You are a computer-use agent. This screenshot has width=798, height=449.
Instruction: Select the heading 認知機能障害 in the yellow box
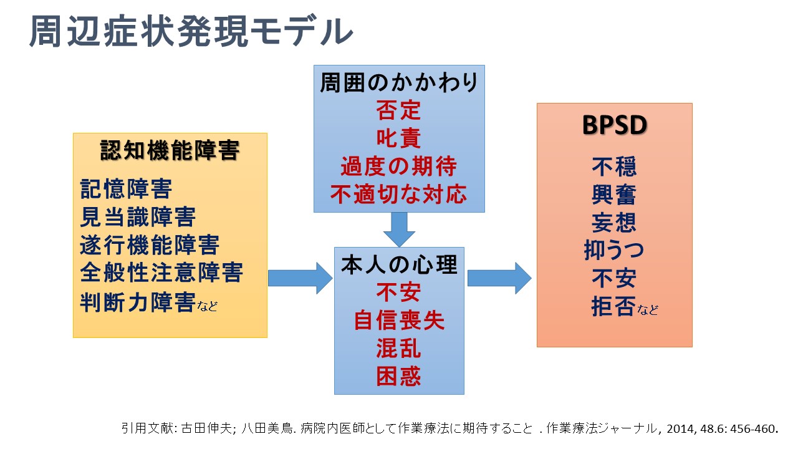(x=170, y=150)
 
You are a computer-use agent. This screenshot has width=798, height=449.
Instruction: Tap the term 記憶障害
(x=126, y=188)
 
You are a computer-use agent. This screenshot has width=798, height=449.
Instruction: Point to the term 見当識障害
(x=138, y=216)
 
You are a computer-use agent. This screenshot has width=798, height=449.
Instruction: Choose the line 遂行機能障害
(x=150, y=244)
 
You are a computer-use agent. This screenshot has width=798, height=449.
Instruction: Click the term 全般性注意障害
(x=161, y=273)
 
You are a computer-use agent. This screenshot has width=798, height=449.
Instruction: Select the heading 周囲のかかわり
(x=399, y=83)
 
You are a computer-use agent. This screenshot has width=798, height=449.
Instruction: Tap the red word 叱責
(x=399, y=138)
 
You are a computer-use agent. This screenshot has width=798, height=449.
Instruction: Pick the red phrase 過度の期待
(x=399, y=167)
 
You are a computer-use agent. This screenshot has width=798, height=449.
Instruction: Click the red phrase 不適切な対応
(x=399, y=195)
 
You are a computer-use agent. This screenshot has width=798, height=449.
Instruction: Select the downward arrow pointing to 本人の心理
(x=399, y=229)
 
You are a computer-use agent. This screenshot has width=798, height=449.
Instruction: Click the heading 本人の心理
(x=399, y=264)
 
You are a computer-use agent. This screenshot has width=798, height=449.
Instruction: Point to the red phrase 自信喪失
(x=399, y=320)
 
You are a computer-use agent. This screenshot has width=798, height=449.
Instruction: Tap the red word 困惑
(x=399, y=375)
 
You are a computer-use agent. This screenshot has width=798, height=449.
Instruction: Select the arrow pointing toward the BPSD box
(x=499, y=278)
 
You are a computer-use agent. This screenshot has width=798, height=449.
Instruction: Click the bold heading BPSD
(x=614, y=125)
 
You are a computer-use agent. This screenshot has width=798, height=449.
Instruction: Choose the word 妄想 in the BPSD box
(x=614, y=223)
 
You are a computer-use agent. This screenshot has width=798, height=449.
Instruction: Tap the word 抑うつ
(x=614, y=251)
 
